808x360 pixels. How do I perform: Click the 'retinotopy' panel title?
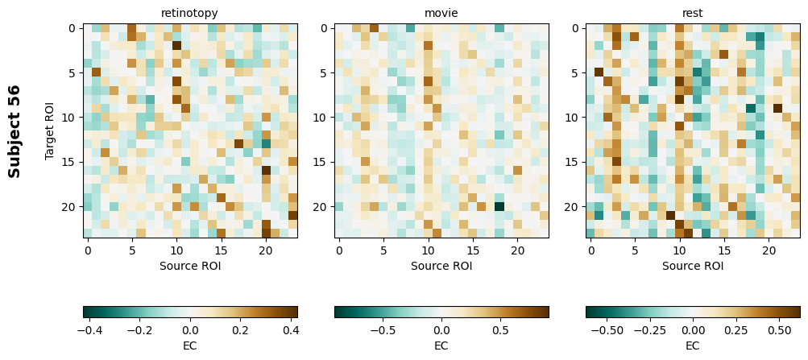[189, 13]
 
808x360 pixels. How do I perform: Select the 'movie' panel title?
[441, 13]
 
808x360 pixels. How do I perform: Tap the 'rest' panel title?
[692, 13]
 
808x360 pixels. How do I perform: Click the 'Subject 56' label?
[15, 130]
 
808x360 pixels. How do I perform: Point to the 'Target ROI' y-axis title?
[50, 130]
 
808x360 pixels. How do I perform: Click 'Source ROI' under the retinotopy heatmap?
[189, 265]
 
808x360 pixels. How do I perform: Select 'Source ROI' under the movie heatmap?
[441, 265]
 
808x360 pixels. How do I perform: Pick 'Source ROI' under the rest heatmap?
[692, 265]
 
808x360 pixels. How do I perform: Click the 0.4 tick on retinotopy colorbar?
[292, 329]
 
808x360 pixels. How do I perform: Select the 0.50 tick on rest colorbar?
[779, 329]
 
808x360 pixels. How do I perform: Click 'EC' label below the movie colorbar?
[441, 346]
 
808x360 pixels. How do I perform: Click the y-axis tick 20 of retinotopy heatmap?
[72, 207]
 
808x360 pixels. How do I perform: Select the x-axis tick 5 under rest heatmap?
[635, 250]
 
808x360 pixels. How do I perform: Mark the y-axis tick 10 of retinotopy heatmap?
[72, 118]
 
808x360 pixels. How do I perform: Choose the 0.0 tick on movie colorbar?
[441, 329]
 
